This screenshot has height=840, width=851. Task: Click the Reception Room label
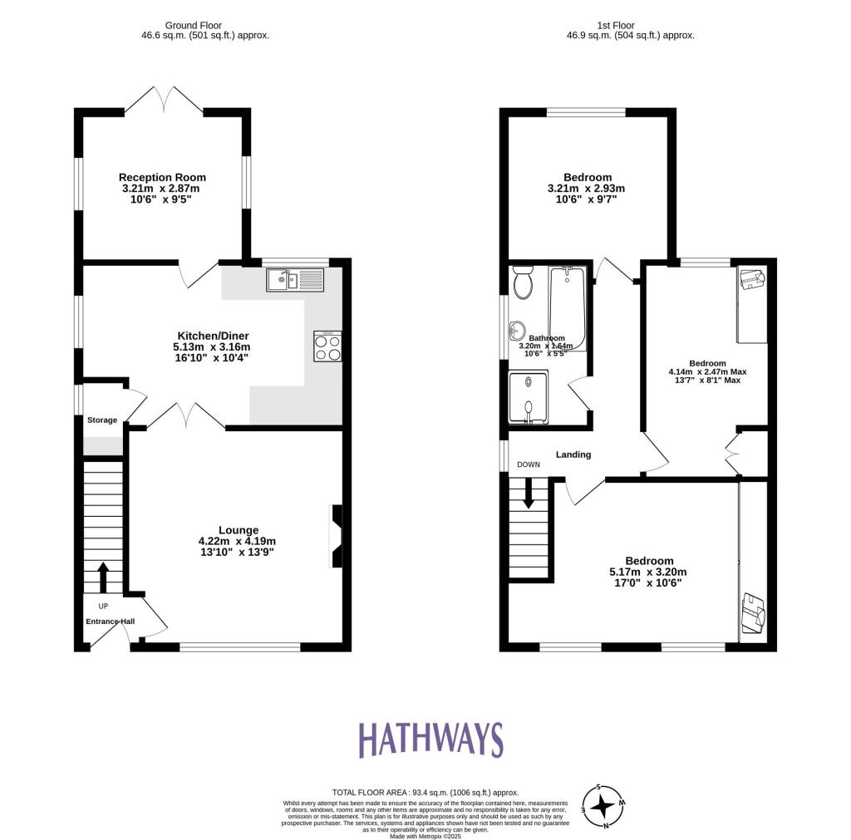click(x=162, y=177)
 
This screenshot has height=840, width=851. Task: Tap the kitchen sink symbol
click(x=295, y=280)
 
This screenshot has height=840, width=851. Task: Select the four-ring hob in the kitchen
click(x=327, y=346)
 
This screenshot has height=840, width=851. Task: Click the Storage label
click(x=102, y=420)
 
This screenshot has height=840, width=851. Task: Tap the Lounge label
click(x=239, y=530)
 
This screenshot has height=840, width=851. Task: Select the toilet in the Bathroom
click(x=523, y=282)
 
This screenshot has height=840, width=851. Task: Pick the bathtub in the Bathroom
click(x=568, y=309)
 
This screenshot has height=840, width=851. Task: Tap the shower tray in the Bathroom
click(x=529, y=397)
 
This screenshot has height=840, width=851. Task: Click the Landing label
click(x=573, y=454)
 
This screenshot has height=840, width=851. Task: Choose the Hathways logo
click(x=430, y=739)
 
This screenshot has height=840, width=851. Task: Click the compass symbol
click(x=605, y=805)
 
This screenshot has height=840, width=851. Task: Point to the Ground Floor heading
click(x=204, y=26)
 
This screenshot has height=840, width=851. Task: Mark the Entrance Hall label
click(x=110, y=621)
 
